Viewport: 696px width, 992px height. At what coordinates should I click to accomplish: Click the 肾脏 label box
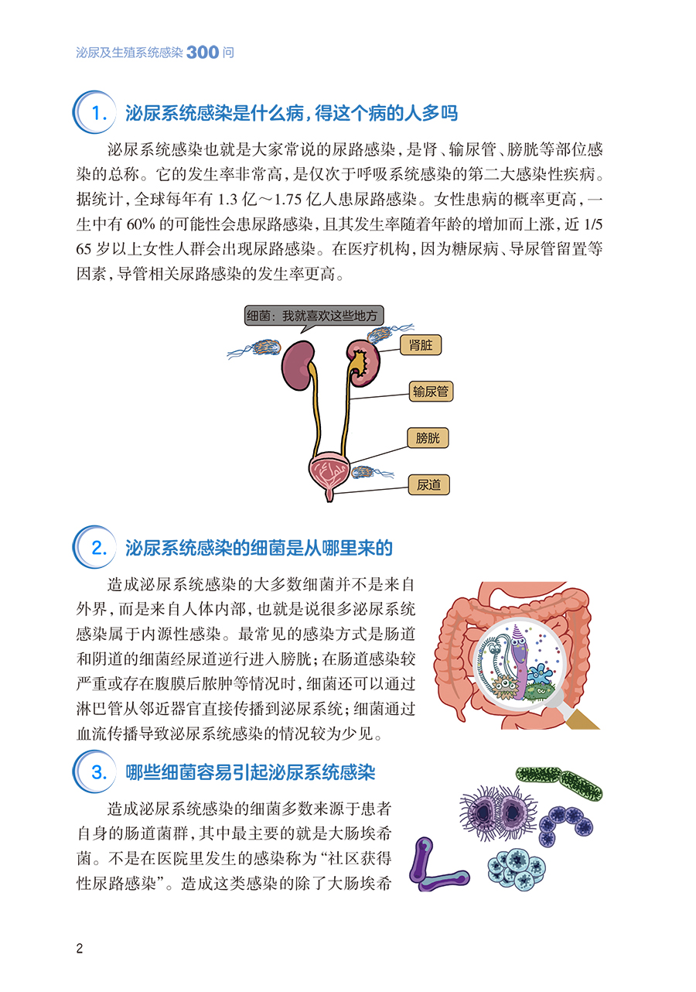pos(421,345)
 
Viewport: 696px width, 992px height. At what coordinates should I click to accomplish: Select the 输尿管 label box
pos(430,392)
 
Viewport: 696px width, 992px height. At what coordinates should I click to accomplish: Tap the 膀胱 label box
pos(427,439)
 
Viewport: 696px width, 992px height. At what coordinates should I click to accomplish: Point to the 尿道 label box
pos(428,485)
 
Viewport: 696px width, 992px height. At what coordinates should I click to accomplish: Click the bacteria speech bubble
pos(314,316)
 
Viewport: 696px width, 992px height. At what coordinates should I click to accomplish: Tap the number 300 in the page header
pos(203,53)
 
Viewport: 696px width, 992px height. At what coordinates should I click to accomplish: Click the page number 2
pos(79,949)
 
